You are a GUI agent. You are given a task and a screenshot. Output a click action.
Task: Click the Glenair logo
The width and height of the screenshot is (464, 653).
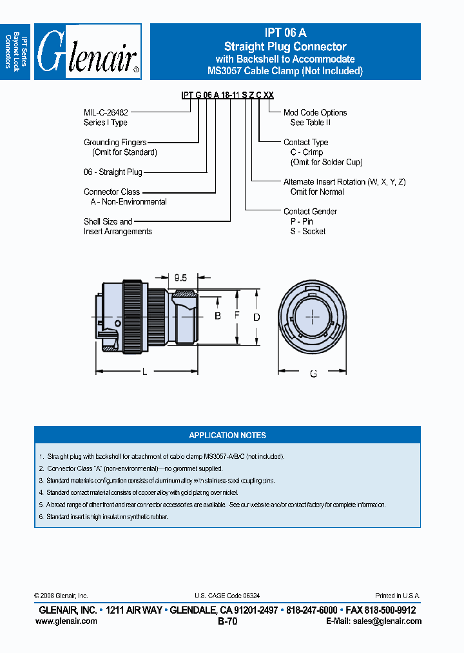coord(88,52)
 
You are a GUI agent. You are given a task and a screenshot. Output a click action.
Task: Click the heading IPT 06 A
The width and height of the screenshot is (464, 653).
coord(285,33)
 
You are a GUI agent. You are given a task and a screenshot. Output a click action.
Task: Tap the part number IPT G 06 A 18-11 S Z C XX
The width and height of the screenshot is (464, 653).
coord(227,95)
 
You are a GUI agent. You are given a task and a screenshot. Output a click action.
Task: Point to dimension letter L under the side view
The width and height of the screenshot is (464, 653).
coord(144,372)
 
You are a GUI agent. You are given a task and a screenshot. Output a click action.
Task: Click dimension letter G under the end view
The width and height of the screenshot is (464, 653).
coord(313,374)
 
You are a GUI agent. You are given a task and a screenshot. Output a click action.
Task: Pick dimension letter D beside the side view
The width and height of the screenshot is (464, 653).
coord(256,317)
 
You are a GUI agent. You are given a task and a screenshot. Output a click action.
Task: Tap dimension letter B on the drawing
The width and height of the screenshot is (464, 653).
coord(218,316)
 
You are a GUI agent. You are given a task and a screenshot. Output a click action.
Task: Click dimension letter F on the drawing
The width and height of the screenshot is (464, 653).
coord(237,316)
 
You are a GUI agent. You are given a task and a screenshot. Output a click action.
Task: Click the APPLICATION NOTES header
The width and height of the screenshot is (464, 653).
coord(227,435)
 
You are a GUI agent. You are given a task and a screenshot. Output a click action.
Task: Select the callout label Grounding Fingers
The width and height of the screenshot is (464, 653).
coord(115,143)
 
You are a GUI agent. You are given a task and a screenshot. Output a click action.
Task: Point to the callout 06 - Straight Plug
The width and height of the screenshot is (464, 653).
coord(113,172)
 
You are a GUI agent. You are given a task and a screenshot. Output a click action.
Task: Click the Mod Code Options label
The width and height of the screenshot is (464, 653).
coord(315,113)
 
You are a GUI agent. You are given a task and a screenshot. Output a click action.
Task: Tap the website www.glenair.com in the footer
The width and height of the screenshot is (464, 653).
coord(66,621)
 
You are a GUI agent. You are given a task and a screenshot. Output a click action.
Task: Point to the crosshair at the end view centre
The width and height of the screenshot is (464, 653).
coord(313,317)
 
